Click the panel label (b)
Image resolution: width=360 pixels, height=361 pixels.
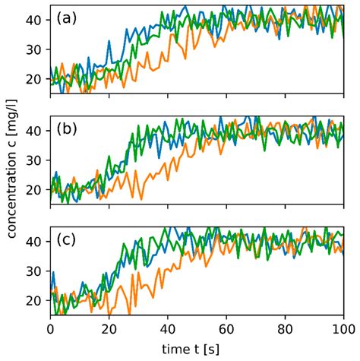(x=70, y=129)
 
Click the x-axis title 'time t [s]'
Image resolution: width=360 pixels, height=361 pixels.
(x=197, y=349)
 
